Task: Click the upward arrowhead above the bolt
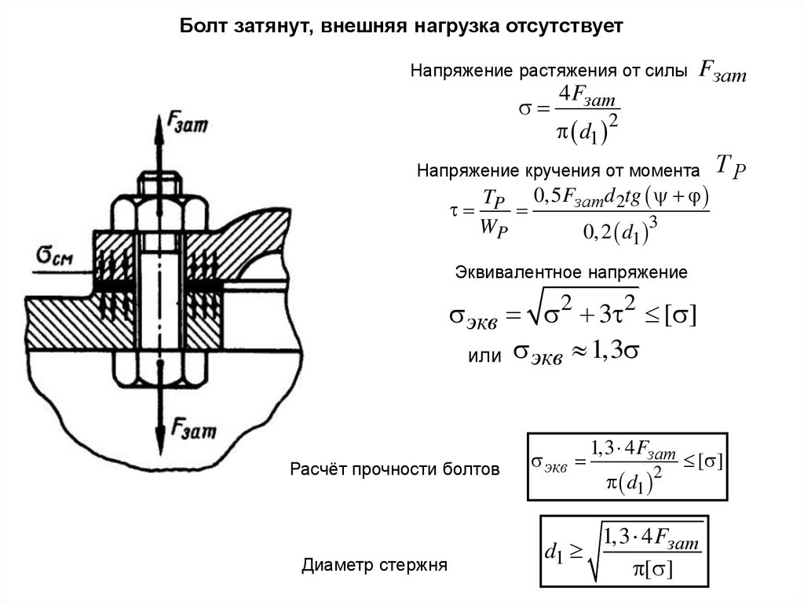pyautogui.click(x=158, y=125)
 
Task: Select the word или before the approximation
pyautogui.click(x=484, y=356)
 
